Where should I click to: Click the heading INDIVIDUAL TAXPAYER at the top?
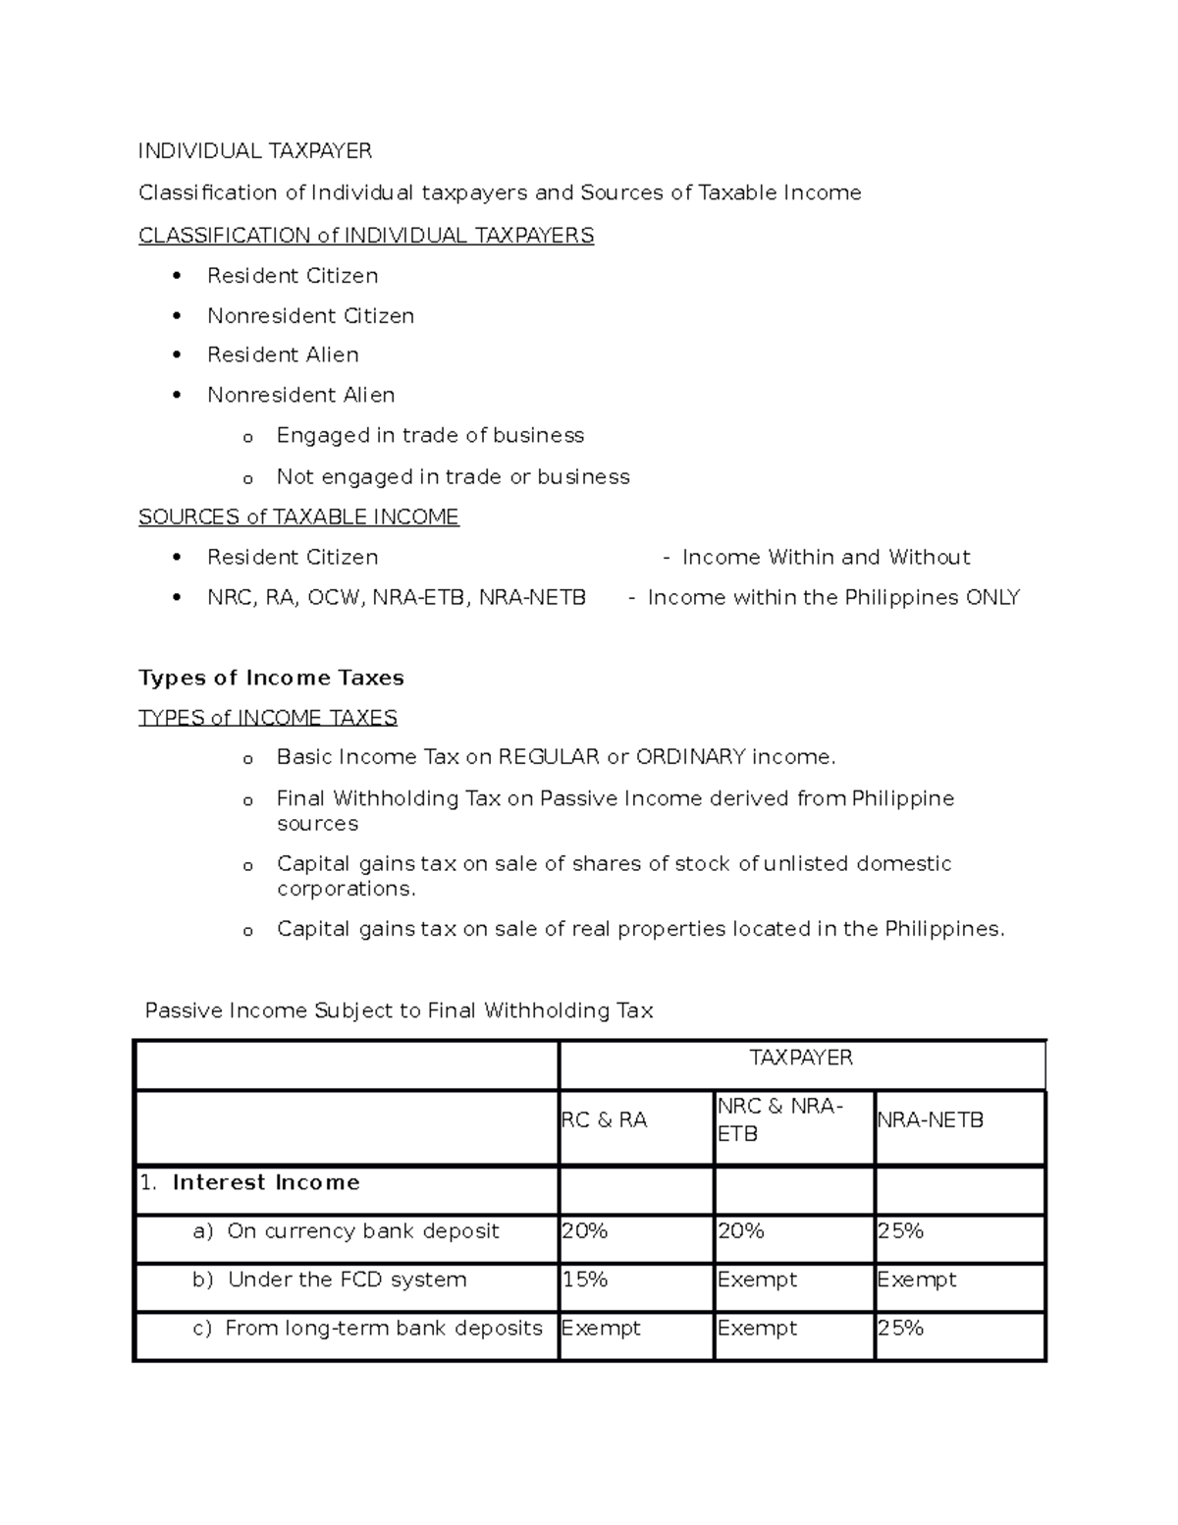[x=255, y=151]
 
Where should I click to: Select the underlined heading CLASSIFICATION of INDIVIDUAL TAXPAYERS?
[x=366, y=236]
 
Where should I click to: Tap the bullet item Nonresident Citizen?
[x=310, y=316]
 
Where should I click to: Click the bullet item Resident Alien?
[x=283, y=355]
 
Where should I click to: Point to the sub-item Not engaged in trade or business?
[x=453, y=477]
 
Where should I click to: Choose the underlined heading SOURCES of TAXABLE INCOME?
[x=298, y=517]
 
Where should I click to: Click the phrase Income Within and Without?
[x=826, y=558]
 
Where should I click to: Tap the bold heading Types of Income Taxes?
[x=271, y=679]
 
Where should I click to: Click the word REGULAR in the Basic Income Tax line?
[x=549, y=757]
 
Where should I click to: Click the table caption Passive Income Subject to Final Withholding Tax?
[x=399, y=1011]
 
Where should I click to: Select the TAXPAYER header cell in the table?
[x=801, y=1058]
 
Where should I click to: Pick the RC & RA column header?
[x=604, y=1120]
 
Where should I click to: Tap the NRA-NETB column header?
[x=930, y=1120]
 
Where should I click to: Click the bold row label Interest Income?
[x=265, y=1183]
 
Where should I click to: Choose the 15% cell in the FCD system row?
[x=585, y=1280]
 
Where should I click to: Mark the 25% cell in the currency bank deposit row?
[x=900, y=1231]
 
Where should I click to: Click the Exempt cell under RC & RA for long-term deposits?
[x=601, y=1329]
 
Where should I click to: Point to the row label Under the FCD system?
[x=347, y=1280]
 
